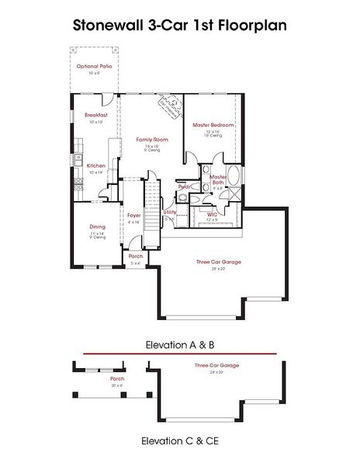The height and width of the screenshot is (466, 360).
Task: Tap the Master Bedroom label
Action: coord(213,125)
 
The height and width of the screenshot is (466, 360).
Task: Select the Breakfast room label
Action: coord(96,115)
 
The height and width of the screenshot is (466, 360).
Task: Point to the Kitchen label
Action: coord(96,165)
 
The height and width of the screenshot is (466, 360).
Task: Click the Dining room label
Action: coord(97,227)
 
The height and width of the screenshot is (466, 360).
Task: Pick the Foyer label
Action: coord(133,215)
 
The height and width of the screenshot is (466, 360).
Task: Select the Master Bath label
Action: coord(218,179)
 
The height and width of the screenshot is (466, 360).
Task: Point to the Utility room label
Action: coord(169,212)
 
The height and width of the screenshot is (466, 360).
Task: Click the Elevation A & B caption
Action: coord(179,343)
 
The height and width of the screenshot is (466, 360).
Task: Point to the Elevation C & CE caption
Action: coord(179,440)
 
